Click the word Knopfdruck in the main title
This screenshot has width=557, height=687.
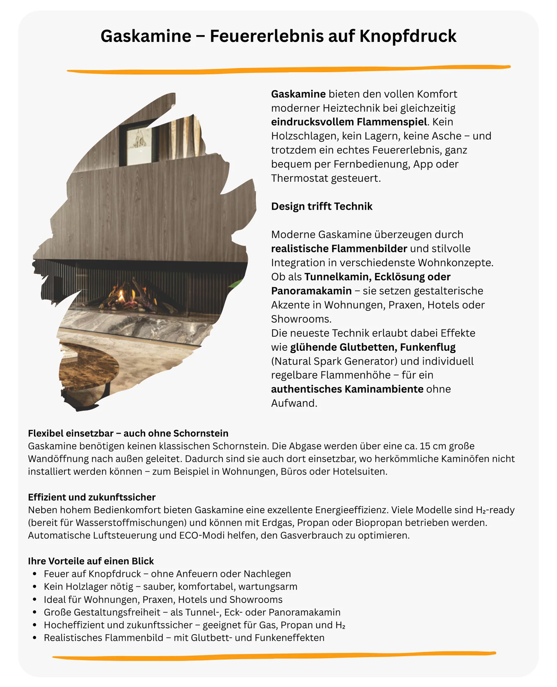tap(407, 36)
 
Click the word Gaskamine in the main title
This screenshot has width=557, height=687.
tap(146, 36)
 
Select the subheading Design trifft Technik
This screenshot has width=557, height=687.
tap(322, 206)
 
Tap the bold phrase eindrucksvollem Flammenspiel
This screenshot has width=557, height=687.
tap(349, 122)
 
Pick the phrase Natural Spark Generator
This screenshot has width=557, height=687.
tap(334, 361)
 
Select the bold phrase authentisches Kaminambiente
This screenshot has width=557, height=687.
tap(347, 389)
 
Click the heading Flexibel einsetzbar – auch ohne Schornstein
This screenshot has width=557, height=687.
tap(128, 433)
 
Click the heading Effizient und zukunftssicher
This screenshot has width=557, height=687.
tap(92, 497)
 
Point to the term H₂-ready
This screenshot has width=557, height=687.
tap(495, 510)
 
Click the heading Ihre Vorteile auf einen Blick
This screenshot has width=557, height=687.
tap(91, 561)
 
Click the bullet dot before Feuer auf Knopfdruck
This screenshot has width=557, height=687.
tap(35, 574)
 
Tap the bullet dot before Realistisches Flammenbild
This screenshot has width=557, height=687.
tap(35, 638)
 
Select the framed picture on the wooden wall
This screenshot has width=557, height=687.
tap(140, 143)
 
